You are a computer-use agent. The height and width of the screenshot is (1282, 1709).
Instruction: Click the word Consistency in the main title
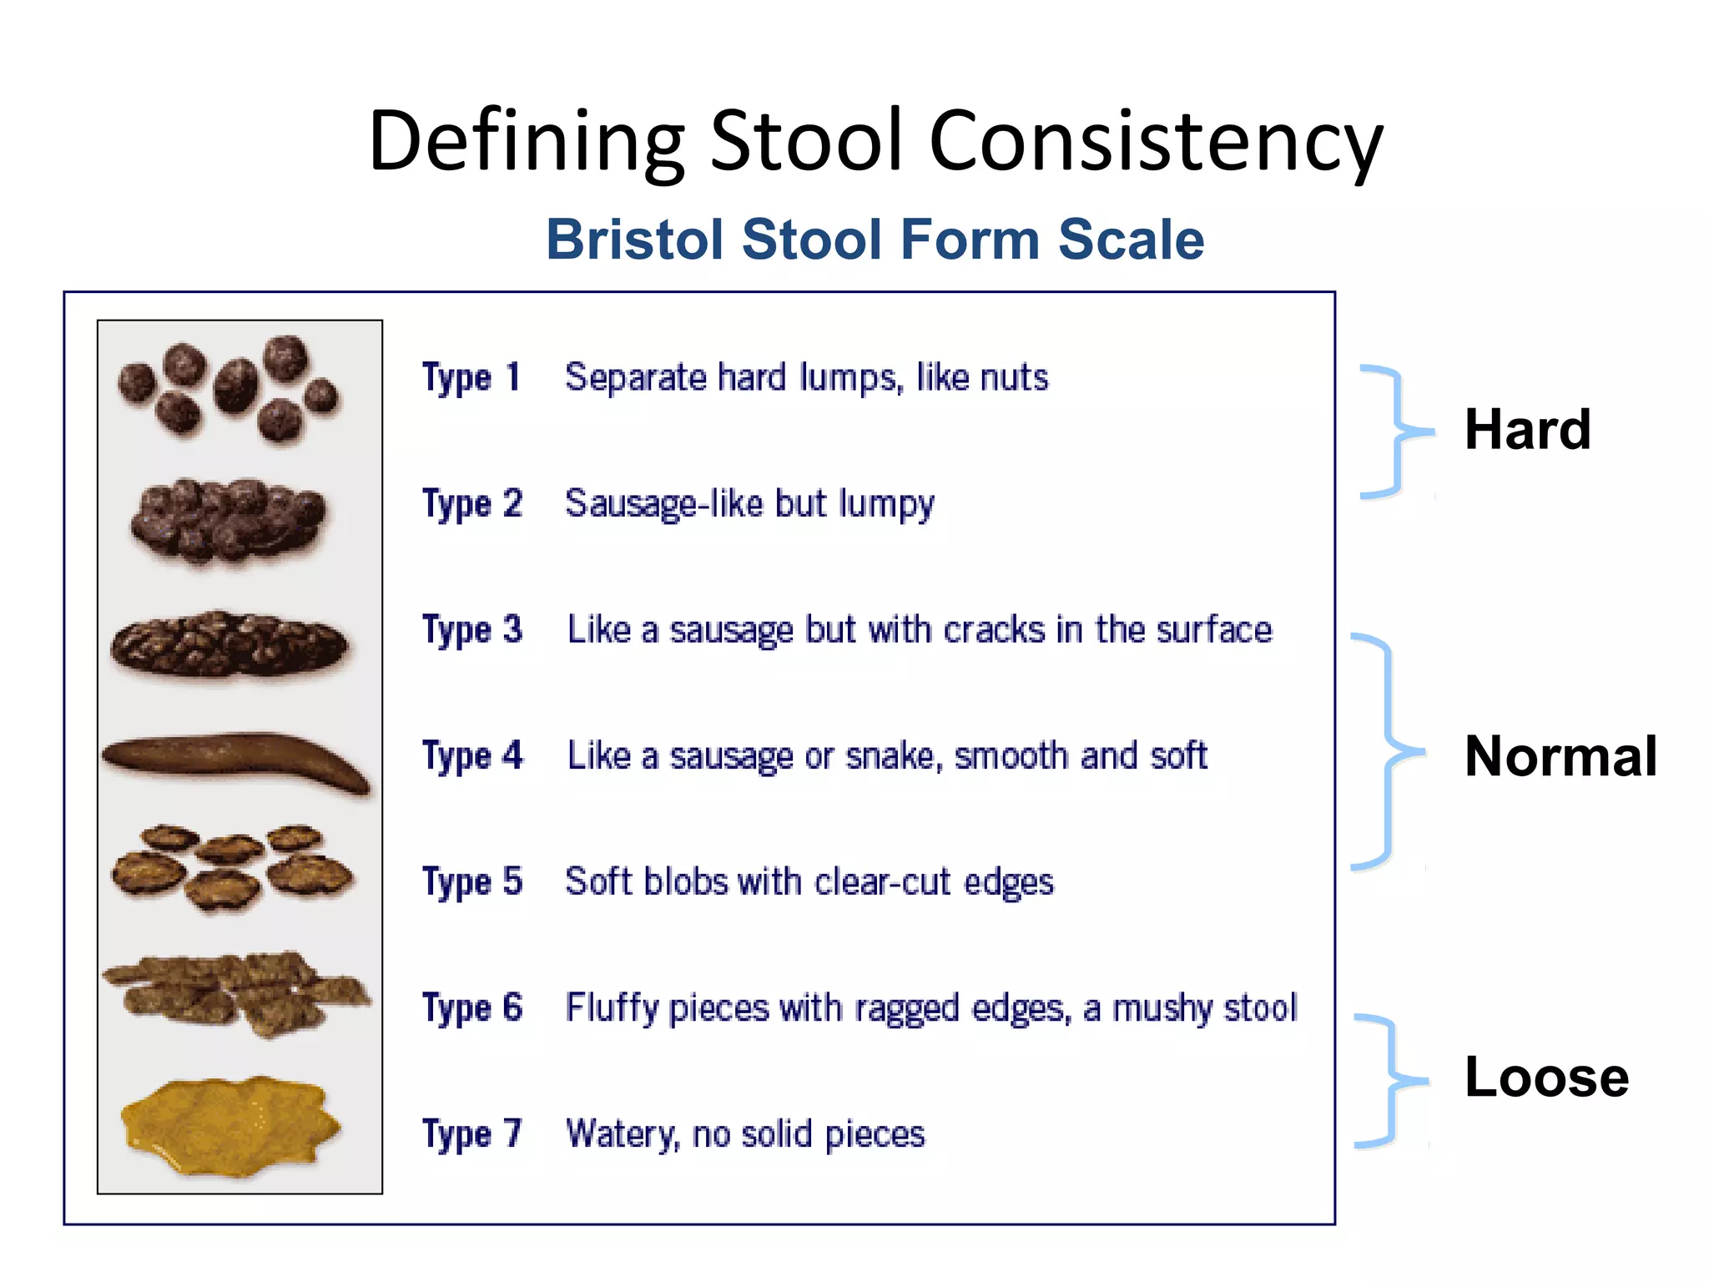[1155, 142]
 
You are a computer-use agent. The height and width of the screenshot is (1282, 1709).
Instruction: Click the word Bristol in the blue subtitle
[634, 240]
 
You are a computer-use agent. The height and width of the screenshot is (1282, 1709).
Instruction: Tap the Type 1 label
[471, 377]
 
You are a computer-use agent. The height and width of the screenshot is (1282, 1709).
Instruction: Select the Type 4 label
[472, 756]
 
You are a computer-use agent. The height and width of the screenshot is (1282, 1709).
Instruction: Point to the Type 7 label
[472, 1134]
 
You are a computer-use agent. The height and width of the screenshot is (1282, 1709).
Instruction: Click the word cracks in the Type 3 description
[994, 630]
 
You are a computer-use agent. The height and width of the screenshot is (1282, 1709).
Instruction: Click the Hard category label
[1527, 430]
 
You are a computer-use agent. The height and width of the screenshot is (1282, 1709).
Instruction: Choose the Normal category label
[1560, 756]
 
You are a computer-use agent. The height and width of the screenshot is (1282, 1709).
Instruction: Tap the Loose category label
[1546, 1077]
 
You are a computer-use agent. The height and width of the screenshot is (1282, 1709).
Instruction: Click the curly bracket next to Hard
[1394, 432]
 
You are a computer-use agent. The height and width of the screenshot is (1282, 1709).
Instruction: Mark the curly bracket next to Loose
[1389, 1081]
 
